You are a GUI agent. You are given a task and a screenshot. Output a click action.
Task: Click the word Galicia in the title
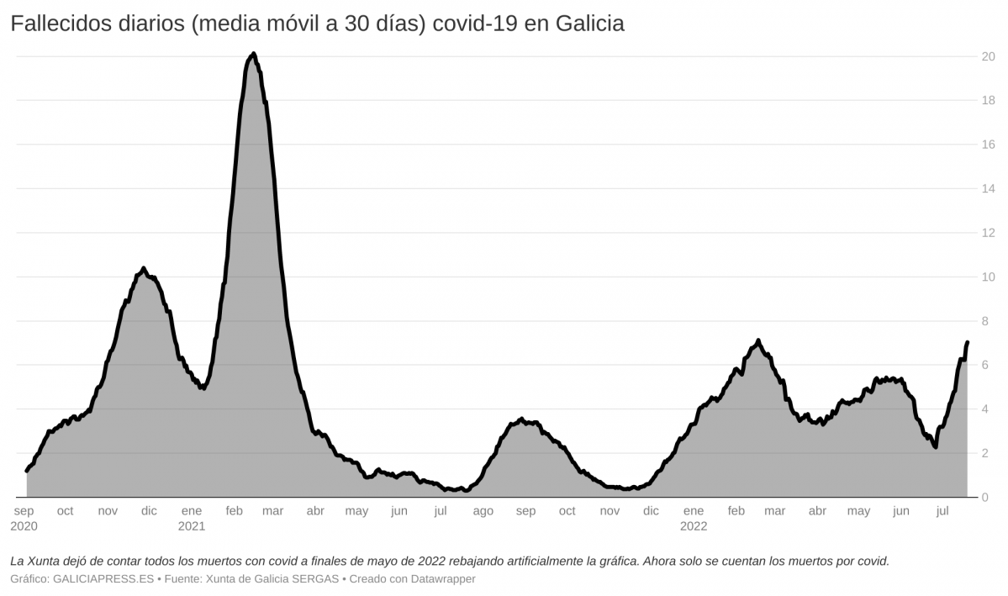588,24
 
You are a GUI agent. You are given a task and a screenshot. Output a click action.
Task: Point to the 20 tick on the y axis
989,56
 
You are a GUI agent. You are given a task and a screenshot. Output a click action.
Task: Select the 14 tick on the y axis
989,189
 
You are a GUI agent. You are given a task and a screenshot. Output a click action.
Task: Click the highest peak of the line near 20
253,54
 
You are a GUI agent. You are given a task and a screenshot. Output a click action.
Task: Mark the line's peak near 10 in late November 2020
144,268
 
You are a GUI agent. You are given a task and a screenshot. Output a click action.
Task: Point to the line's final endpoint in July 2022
968,342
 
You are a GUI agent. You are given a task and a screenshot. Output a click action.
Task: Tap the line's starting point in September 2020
27,471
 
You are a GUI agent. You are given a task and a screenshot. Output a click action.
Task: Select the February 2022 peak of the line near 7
758,340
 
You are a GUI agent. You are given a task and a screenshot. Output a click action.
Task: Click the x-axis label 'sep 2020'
24,518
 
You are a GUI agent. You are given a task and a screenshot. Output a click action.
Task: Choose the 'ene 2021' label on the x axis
192,518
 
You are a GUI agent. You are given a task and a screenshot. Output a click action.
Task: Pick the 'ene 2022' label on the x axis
694,518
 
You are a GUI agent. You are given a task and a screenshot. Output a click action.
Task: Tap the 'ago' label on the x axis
483,511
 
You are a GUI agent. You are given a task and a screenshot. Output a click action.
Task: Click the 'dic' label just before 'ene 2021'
149,511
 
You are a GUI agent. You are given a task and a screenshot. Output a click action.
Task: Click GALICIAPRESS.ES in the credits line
103,579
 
